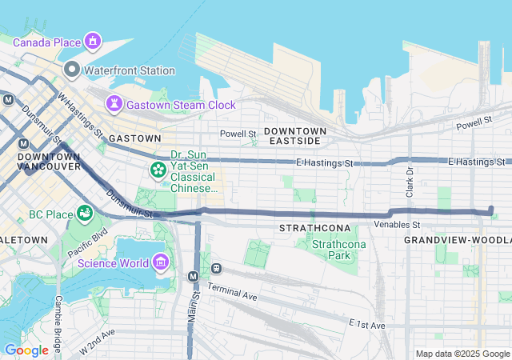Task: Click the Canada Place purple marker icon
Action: click(93, 41)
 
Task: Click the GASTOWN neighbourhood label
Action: click(130, 138)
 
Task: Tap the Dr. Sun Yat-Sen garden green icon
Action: click(158, 170)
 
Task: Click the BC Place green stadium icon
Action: click(83, 214)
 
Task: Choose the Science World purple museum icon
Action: click(161, 262)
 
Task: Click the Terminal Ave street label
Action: click(232, 291)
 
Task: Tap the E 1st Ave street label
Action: click(367, 325)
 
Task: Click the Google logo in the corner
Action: click(26, 350)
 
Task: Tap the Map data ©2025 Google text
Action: click(462, 354)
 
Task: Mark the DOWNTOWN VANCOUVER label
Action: click(49, 161)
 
